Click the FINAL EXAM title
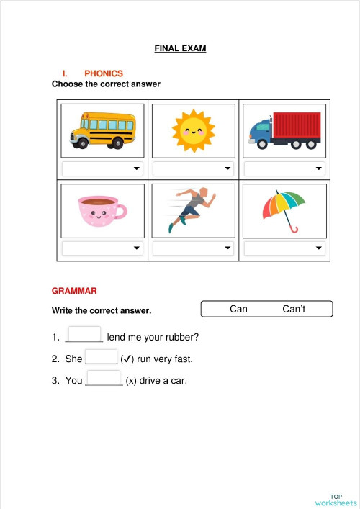pos(180,49)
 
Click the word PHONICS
pos(104,73)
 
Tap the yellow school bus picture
pos(102,130)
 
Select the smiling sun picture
pos(193,130)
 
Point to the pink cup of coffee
pos(102,210)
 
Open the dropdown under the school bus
pos(102,168)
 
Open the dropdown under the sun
pos(193,168)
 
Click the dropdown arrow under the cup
pos(137,248)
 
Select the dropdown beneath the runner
pos(193,248)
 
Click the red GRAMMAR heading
pos(74,292)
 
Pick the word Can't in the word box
pos(294,309)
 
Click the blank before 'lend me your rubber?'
pos(84,335)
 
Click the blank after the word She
pos(101,356)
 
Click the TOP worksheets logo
pos(336,499)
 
